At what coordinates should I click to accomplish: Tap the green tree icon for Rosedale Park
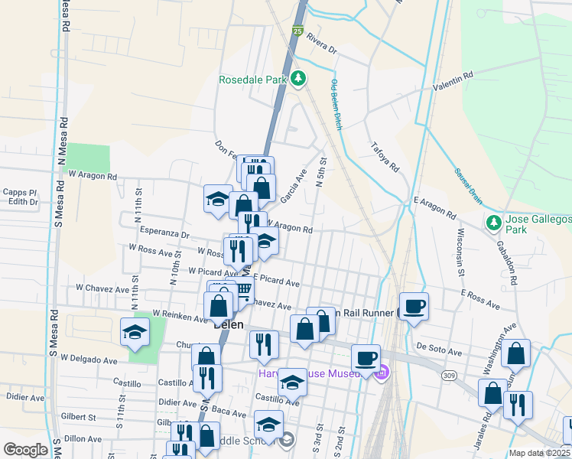coord(301,77)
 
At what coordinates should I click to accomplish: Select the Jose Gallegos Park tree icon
coord(493,223)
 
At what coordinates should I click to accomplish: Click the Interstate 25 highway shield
coord(297,31)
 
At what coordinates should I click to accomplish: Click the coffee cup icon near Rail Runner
coord(414,307)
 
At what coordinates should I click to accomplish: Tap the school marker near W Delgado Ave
coord(135,333)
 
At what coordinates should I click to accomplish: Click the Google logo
coord(25,450)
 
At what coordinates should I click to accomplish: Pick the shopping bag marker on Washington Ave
coord(517,353)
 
